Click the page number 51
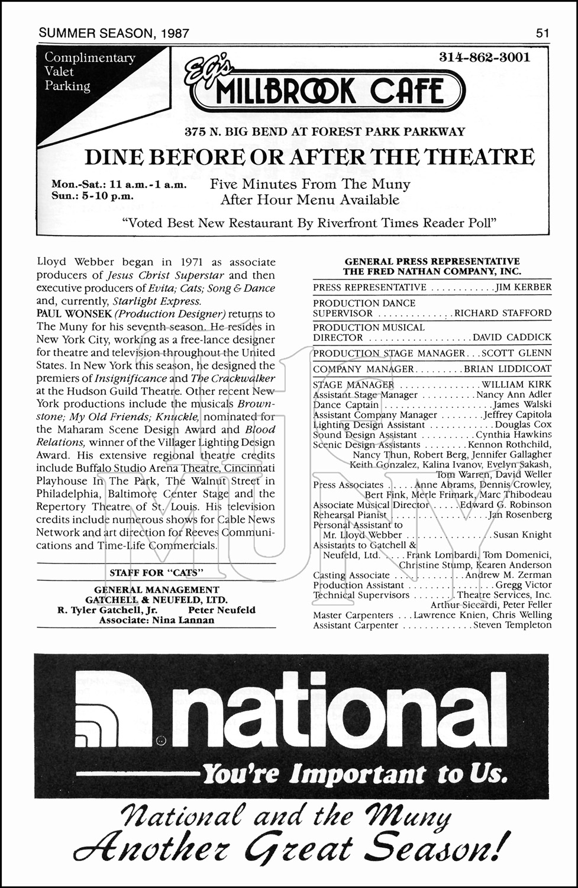543,33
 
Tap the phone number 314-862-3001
485,57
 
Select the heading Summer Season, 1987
114,33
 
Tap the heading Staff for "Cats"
156,572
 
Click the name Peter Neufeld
222,610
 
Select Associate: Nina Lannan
156,620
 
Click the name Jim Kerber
523,287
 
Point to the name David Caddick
512,337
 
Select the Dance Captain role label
345,405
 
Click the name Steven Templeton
512,625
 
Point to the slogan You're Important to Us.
354,774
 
